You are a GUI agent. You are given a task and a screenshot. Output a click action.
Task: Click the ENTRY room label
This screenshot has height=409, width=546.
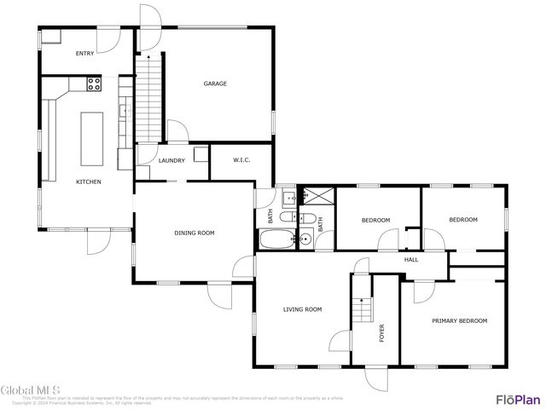84,54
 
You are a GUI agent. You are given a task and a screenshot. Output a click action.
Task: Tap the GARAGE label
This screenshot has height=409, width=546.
215,84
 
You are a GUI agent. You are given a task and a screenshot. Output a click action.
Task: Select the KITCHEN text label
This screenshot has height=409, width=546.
89,181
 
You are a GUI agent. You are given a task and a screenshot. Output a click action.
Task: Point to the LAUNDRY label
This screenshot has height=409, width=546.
171,160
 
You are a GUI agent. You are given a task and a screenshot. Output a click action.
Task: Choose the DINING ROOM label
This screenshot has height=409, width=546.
194,233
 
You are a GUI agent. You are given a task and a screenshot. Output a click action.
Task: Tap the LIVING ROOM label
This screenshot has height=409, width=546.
302,309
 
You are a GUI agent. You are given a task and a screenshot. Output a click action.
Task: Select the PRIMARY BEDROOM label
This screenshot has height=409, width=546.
459,320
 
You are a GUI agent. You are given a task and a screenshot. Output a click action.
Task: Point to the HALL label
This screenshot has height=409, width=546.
410,260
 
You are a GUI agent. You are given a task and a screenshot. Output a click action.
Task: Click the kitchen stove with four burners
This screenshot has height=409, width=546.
94,84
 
